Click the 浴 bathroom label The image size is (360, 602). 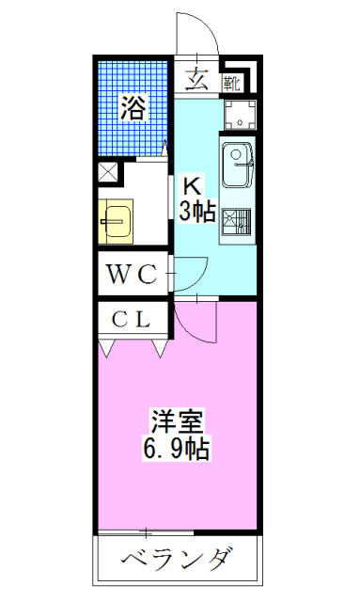coord(134,108)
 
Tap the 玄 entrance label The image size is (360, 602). coord(196,79)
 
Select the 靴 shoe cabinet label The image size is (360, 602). coord(232,84)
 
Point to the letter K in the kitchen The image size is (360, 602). coord(192,188)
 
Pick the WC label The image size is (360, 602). coord(132,274)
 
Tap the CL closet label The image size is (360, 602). coord(131,319)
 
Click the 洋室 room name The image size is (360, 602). coord(177,422)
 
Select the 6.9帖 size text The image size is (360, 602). coord(176,450)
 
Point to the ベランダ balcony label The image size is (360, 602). coord(177,561)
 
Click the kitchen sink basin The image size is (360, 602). coord(238,166)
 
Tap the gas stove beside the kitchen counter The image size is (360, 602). coord(237,221)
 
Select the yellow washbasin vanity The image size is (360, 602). coord(116,222)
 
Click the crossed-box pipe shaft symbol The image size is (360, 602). coord(107,172)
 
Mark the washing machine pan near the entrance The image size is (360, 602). coord(240,115)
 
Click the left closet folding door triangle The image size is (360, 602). coord(106,347)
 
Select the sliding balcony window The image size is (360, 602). coord(146,533)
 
